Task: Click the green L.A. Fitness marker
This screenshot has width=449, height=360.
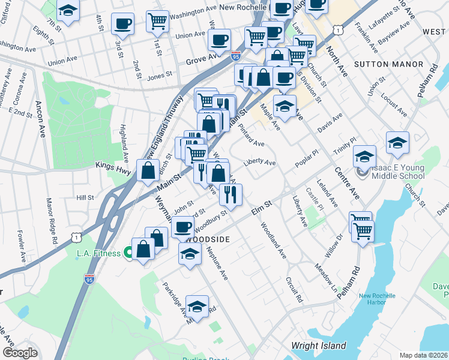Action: pos(128,253)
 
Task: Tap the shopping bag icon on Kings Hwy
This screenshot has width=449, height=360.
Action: pos(148,170)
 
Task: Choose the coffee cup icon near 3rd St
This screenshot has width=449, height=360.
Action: pos(122,24)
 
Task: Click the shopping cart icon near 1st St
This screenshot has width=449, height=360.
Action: pos(157,21)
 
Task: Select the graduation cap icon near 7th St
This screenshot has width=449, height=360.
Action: pos(68,10)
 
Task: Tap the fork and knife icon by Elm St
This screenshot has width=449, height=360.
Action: pos(231,193)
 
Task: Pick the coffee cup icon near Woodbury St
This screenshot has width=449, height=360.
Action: pos(183,227)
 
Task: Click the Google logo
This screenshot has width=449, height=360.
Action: pos(20,353)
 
